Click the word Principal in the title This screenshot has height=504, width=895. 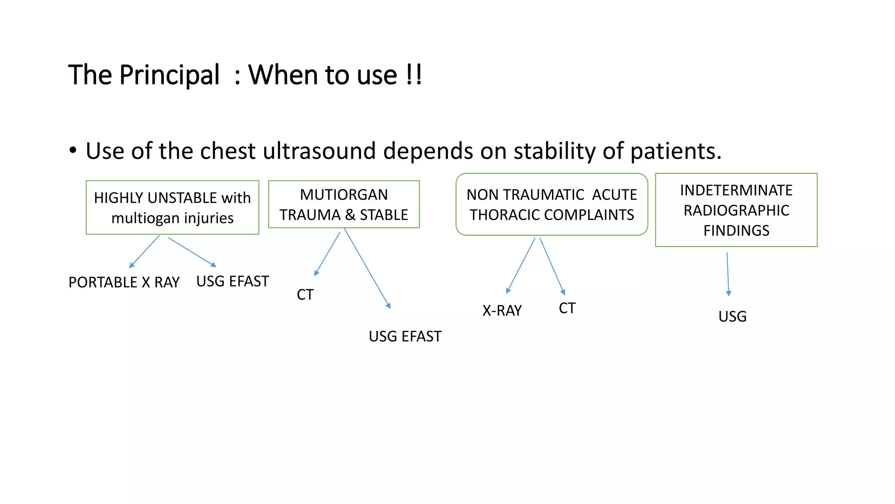pyautogui.click(x=169, y=75)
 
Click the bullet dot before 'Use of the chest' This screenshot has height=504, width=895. pyautogui.click(x=73, y=150)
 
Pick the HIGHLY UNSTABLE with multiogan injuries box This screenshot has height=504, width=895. pyautogui.click(x=172, y=207)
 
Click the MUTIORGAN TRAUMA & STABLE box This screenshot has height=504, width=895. pyautogui.click(x=344, y=204)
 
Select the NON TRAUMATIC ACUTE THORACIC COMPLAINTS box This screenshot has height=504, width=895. pyautogui.click(x=552, y=204)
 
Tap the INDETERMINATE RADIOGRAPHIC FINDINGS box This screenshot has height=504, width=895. pyautogui.click(x=736, y=210)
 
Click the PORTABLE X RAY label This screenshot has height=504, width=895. pyautogui.click(x=124, y=283)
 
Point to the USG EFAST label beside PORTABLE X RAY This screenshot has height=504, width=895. pyautogui.click(x=232, y=281)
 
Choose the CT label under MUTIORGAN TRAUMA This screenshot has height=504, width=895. pyautogui.click(x=305, y=295)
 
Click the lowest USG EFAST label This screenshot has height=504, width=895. pyautogui.click(x=405, y=336)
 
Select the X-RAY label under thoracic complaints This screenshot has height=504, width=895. pyautogui.click(x=502, y=311)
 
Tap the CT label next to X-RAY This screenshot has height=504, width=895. pyautogui.click(x=567, y=308)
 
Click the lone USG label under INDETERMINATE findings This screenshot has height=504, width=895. pyautogui.click(x=732, y=317)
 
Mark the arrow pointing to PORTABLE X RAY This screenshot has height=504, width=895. pyautogui.click(x=144, y=252)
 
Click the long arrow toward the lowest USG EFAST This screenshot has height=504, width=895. pyautogui.click(x=367, y=268)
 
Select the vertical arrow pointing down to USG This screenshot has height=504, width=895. pyautogui.click(x=728, y=274)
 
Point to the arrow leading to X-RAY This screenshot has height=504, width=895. pyautogui.click(x=520, y=266)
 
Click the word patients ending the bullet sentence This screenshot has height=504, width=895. pyautogui.click(x=675, y=151)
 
